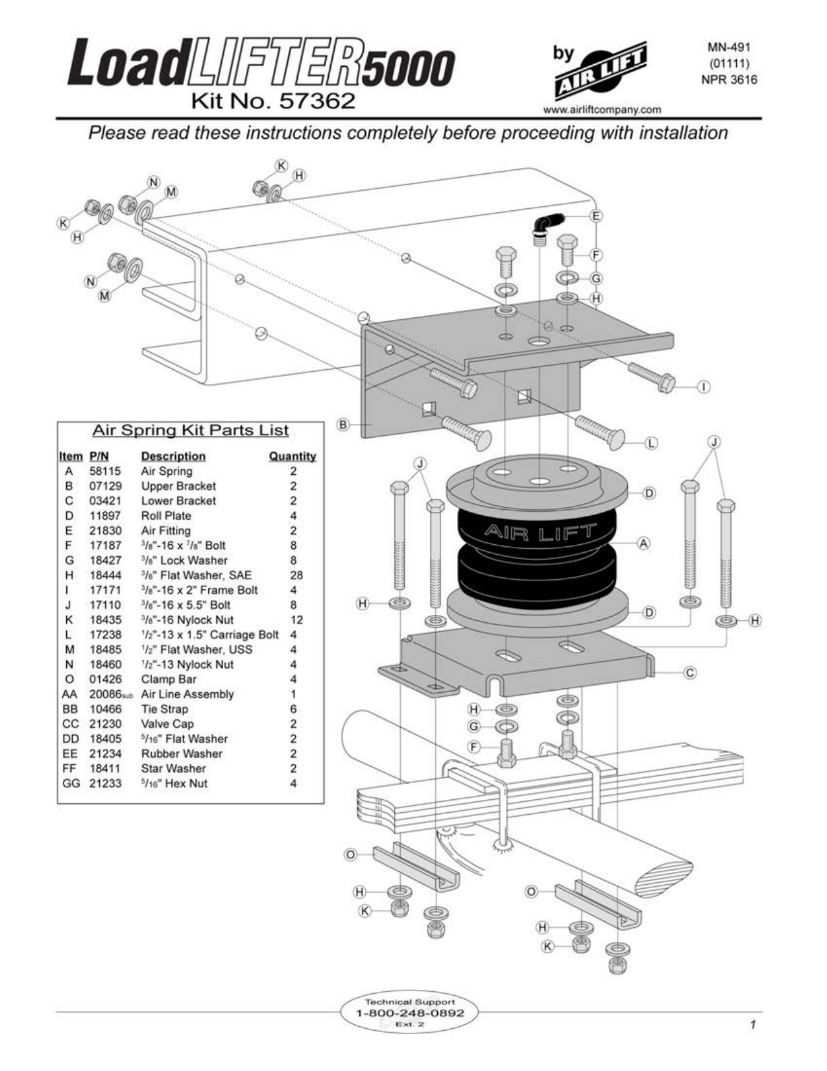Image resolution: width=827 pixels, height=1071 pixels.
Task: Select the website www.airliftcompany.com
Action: (602, 110)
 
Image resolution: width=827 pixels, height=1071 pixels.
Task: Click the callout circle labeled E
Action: (596, 215)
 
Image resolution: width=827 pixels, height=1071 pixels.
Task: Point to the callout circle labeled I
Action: (704, 387)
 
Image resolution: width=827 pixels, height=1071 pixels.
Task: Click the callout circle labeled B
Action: (344, 425)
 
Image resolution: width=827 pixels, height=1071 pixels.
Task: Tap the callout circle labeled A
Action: (643, 543)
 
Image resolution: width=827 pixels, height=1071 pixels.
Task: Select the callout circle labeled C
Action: (690, 673)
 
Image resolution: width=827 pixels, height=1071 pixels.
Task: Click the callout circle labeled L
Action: (652, 443)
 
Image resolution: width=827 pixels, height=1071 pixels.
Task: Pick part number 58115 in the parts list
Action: (105, 472)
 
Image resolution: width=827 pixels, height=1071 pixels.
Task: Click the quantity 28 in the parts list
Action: (296, 575)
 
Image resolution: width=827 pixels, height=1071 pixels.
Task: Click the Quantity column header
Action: (293, 457)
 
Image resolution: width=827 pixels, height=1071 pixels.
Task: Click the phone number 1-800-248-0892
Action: (410, 1013)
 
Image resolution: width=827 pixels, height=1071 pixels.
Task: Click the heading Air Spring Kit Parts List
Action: (190, 431)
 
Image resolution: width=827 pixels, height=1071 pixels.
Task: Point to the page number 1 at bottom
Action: (752, 1026)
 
